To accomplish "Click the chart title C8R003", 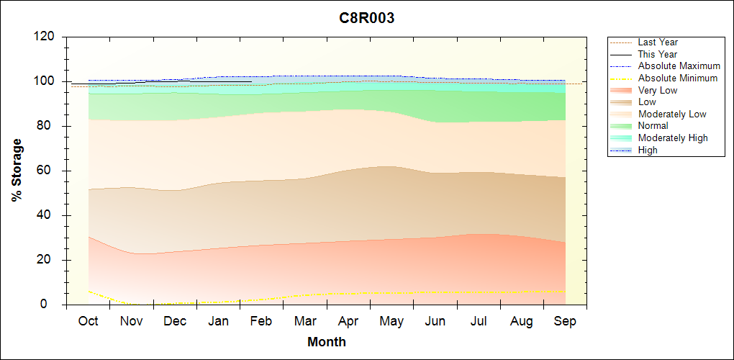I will tap(367, 19).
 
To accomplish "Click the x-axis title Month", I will tap(327, 342).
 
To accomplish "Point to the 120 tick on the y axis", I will tap(46, 37).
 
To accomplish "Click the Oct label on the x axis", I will tap(88, 321).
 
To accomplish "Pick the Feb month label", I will tap(261, 321).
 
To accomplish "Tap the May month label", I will tap(391, 321).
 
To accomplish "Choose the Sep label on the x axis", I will tap(565, 321).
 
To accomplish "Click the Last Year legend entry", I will tap(658, 42).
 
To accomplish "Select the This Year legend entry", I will tap(658, 54).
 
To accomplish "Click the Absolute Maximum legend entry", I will tap(679, 66).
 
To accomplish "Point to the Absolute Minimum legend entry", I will tap(678, 78).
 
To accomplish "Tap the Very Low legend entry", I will tap(658, 90).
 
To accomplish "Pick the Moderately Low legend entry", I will tap(672, 114).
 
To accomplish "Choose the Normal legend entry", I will tap(653, 126).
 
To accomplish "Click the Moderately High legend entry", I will tap(673, 138).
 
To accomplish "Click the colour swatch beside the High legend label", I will tap(620, 150).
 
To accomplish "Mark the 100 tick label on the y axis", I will tap(46, 81).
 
